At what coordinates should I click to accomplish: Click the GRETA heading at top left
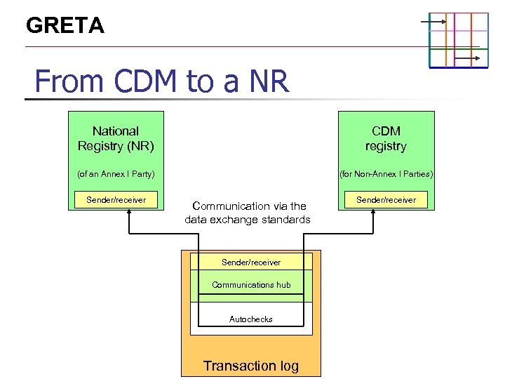coord(65,26)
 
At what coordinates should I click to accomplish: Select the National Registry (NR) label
coord(116,138)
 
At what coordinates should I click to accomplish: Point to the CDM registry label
coord(386,138)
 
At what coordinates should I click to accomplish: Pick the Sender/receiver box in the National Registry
coord(116,200)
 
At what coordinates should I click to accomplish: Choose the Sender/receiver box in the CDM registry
coord(386,200)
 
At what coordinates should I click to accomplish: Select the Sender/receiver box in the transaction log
coord(251,262)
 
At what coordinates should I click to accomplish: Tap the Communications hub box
coord(251,284)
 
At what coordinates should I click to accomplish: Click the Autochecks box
coord(251,319)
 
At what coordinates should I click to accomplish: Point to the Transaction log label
coord(251,365)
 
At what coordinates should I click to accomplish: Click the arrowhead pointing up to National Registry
coord(129,213)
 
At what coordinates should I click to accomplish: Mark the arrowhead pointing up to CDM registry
coord(373,213)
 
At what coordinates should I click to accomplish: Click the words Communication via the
coord(249,206)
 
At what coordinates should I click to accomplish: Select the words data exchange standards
coord(247,220)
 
